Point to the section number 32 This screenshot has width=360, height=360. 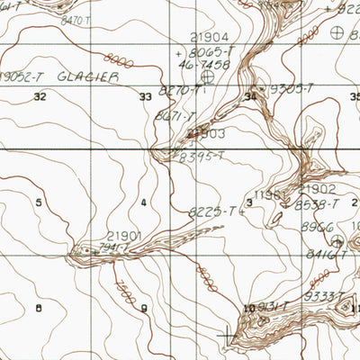(x=39, y=95)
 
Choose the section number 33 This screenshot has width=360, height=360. (x=145, y=95)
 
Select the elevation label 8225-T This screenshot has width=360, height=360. (x=211, y=211)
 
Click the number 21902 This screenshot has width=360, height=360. (x=316, y=190)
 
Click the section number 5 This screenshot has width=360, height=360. (x=39, y=202)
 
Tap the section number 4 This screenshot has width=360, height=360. (x=143, y=202)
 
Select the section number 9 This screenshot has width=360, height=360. (x=144, y=309)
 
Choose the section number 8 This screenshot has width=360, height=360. (x=39, y=309)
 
